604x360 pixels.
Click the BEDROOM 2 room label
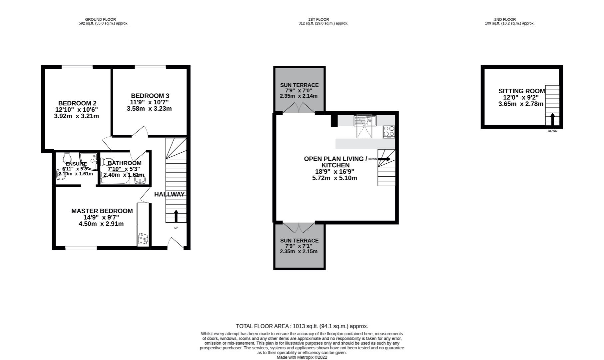tap(77, 103)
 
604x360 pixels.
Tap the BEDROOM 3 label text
tap(150, 96)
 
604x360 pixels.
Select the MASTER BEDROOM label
tap(102, 211)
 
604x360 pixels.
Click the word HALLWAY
tap(169, 194)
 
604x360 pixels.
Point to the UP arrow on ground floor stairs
tap(176, 216)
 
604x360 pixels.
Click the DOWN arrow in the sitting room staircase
tap(552, 119)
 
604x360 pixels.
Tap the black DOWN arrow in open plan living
tap(384, 159)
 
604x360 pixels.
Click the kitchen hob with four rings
tap(389, 132)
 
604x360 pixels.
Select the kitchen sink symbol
tap(365, 120)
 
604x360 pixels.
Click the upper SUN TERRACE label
tap(299, 85)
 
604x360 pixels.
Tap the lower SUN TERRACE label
tap(299, 240)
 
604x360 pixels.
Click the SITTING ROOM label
tap(521, 91)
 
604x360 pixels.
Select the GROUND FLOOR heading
tap(100, 19)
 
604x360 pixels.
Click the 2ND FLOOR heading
tap(505, 19)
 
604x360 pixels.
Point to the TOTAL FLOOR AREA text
tap(302, 326)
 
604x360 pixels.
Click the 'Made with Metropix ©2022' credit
tap(302, 357)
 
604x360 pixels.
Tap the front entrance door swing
tap(175, 243)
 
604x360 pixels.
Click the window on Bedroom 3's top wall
tap(150, 67)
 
